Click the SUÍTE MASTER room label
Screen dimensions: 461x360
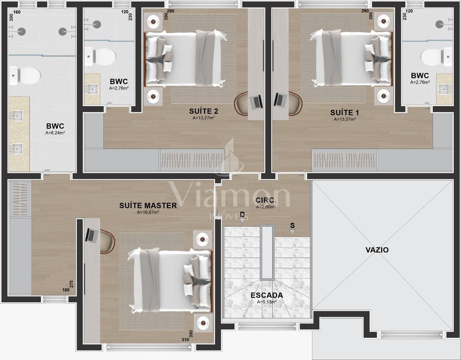[x=148, y=206]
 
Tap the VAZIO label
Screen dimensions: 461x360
[x=377, y=250]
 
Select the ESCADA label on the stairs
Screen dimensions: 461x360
[x=267, y=295]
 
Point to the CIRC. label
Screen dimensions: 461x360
[x=266, y=200]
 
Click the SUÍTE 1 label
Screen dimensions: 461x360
[x=345, y=113]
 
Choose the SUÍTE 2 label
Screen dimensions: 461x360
[x=203, y=111]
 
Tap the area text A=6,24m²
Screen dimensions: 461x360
[x=55, y=133]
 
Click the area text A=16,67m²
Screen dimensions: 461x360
[x=148, y=212]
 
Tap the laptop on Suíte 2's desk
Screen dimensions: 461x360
[x=256, y=102]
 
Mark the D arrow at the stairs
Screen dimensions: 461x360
[x=242, y=221]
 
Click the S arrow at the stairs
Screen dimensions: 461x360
[x=292, y=232]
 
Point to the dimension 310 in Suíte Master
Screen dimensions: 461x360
[x=185, y=339]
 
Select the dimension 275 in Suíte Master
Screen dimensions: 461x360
[x=71, y=284]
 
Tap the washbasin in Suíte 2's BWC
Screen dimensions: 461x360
[x=92, y=90]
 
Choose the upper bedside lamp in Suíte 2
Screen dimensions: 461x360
[x=153, y=21]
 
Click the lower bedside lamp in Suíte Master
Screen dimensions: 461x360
[x=203, y=323]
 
